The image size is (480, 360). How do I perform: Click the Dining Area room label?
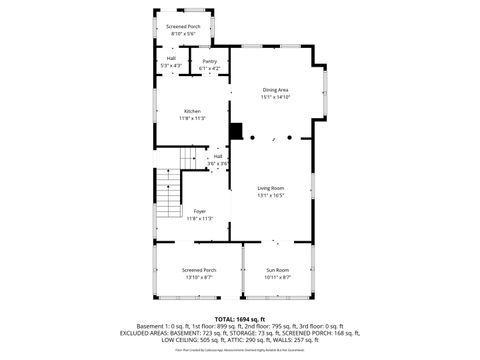click(x=276, y=90)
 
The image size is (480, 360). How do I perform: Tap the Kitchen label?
click(x=192, y=111)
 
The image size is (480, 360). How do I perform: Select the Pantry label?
click(x=210, y=61)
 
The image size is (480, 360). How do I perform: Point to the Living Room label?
click(x=271, y=188)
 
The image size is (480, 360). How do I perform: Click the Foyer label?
click(x=200, y=211)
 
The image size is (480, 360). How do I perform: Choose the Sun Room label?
click(x=277, y=270)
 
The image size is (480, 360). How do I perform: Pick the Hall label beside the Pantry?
click(x=171, y=59)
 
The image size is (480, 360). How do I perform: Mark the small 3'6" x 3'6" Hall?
click(x=217, y=157)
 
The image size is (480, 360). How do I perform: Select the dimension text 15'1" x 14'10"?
click(x=276, y=97)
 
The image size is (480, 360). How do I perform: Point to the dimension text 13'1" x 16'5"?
click(x=271, y=195)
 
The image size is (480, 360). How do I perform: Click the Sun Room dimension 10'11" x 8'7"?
click(x=277, y=277)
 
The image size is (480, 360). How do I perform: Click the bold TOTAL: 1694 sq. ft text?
click(x=240, y=318)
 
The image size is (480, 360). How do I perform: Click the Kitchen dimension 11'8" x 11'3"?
click(x=192, y=118)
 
